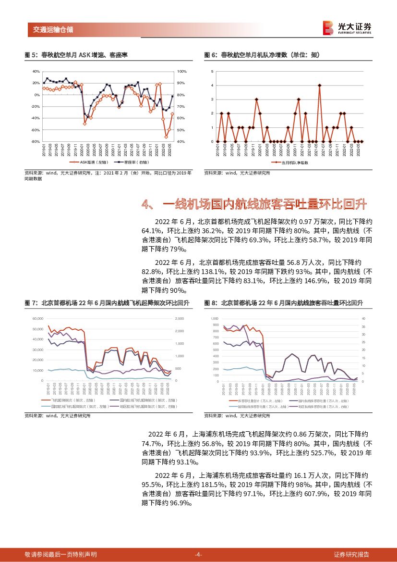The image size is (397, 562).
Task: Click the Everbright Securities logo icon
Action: click(x=328, y=28)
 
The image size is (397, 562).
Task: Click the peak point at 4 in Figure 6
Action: click(x=319, y=85)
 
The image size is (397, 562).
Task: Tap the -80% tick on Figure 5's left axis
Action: click(x=36, y=142)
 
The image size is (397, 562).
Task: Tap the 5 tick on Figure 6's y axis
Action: click(x=212, y=71)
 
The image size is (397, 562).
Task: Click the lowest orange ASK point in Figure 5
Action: click(x=166, y=137)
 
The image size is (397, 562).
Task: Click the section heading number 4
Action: click(x=147, y=205)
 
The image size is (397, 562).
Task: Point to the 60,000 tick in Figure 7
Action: click(x=37, y=319)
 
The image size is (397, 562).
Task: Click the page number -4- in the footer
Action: click(x=198, y=554)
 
